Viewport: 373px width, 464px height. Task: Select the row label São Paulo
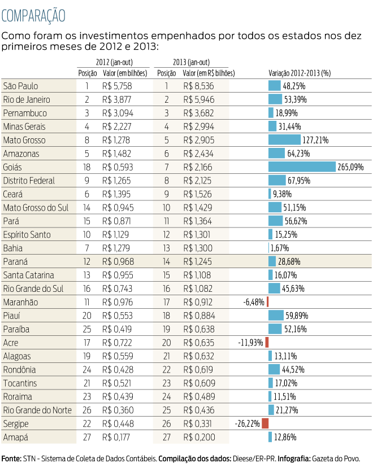(21, 86)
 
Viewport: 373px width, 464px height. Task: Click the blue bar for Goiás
(302, 167)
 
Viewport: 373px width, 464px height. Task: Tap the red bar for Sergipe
(265, 423)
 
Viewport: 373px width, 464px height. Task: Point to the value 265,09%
(350, 167)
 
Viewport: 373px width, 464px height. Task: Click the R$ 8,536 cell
(198, 86)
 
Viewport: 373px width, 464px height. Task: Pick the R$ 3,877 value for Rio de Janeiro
(117, 99)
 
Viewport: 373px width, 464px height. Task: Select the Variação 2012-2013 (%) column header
(299, 73)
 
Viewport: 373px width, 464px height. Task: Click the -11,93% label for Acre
(251, 343)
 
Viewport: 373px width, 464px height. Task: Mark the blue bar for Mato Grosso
(284, 140)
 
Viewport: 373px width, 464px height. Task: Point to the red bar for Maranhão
(267, 302)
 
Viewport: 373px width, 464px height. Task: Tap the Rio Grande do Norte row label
(37, 410)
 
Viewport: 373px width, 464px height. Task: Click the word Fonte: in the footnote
(11, 457)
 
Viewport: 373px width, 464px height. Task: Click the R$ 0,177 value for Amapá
(117, 437)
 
